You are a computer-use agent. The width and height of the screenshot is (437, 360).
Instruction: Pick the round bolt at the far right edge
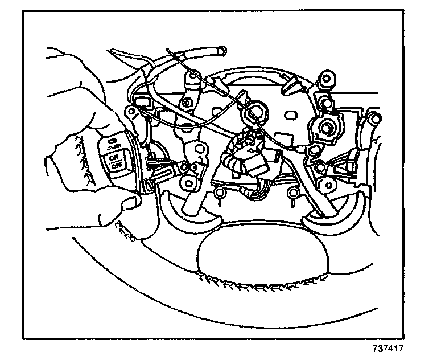tap(374, 118)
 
